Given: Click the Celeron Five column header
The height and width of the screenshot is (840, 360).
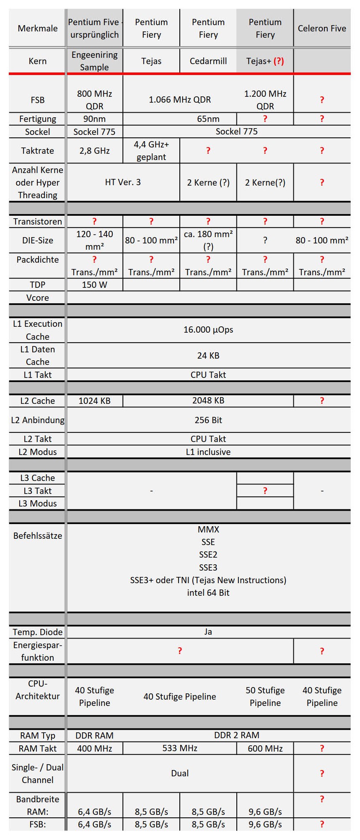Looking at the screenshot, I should tap(322, 28).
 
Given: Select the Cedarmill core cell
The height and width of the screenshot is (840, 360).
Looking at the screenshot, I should tap(208, 61).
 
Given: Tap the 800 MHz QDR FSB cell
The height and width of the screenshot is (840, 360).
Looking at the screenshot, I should tap(95, 100).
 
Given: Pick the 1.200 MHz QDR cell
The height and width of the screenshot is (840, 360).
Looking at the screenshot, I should tap(265, 100).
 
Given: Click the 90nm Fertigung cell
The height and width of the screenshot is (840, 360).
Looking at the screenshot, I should tap(95, 119).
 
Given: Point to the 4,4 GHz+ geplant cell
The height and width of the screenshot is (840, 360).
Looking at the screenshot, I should tap(151, 151).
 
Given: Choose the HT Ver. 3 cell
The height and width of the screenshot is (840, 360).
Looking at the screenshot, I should tap(123, 182).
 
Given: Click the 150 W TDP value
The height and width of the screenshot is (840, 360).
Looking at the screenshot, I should tap(95, 285).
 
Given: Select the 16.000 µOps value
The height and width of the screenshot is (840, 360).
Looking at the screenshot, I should tap(208, 330).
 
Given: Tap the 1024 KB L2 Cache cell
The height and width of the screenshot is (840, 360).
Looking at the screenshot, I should tap(95, 401).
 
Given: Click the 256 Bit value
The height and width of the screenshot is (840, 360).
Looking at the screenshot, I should tap(208, 420).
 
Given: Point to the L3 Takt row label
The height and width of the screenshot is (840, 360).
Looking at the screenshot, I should tap(38, 491).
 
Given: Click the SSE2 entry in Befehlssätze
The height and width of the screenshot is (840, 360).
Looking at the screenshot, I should tap(208, 555).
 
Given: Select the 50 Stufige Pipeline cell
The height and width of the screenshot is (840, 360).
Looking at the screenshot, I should tap(265, 696).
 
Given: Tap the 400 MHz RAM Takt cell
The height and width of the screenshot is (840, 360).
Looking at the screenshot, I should tap(95, 748).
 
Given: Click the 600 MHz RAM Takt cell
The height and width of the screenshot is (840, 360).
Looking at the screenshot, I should tap(265, 748).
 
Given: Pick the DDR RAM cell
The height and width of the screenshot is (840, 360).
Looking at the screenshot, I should tap(95, 735).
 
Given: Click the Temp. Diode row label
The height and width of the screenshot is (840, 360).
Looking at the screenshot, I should tap(38, 632).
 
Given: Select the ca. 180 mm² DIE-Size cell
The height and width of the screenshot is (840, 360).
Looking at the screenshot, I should tap(208, 240).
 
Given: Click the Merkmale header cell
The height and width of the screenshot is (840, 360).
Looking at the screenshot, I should tap(38, 28).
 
